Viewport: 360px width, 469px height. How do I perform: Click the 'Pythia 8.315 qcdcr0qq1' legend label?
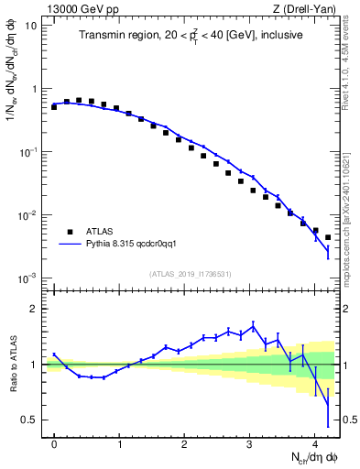[x=134, y=245]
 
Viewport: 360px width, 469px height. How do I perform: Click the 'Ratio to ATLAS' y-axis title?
[x=12, y=364]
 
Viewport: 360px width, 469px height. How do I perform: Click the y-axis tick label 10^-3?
[x=29, y=278]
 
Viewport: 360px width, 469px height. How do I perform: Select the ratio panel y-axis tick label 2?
[x=34, y=309]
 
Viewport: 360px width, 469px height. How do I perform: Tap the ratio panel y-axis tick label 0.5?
[x=30, y=420]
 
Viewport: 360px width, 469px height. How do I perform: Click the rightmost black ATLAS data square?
[x=328, y=238]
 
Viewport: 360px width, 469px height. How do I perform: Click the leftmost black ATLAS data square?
[x=54, y=107]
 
